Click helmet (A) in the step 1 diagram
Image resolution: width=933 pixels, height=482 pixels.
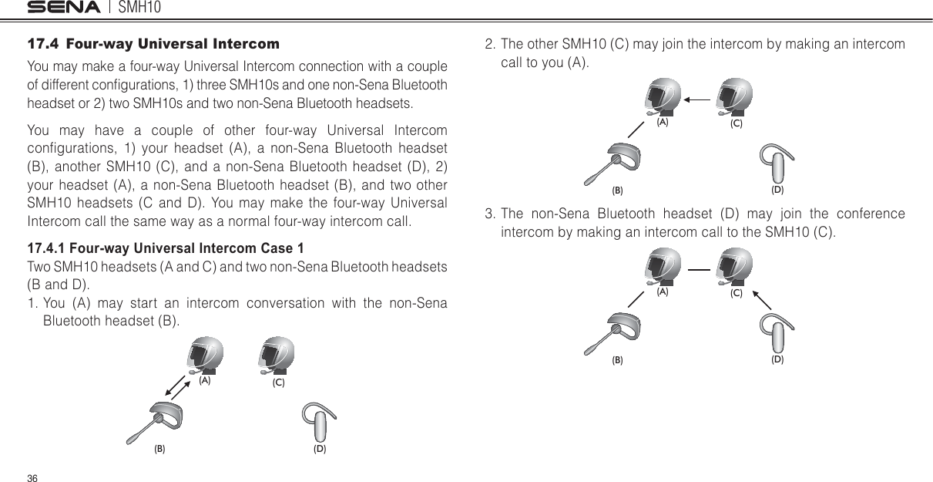tap(204, 356)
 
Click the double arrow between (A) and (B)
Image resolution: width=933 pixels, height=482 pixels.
tap(179, 387)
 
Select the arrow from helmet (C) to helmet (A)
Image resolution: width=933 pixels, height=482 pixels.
tap(698, 99)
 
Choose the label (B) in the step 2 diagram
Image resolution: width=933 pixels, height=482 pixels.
tap(617, 189)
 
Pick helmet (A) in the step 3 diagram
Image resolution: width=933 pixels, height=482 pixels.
tap(662, 267)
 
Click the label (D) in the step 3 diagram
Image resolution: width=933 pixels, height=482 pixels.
tap(777, 359)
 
